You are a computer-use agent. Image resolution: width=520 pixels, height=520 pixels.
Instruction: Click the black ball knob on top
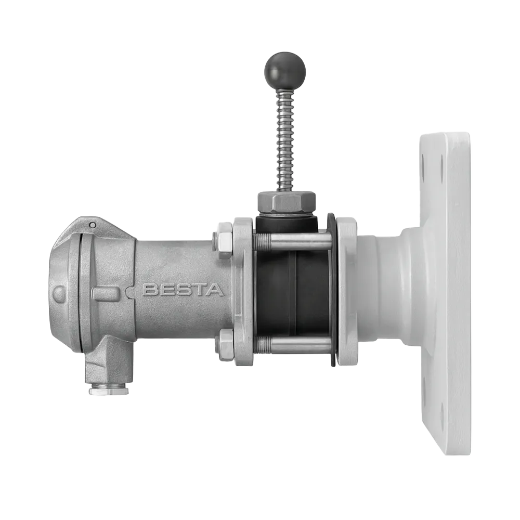pos(285,70)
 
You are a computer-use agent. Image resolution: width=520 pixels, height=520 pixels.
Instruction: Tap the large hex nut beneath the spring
pos(286,203)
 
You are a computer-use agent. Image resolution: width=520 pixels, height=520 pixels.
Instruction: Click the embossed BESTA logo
pos(183,290)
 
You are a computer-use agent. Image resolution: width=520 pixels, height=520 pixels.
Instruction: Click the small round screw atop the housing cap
pos(93,226)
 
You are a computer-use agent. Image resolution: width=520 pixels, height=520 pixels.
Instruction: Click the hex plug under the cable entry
pos(109,389)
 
